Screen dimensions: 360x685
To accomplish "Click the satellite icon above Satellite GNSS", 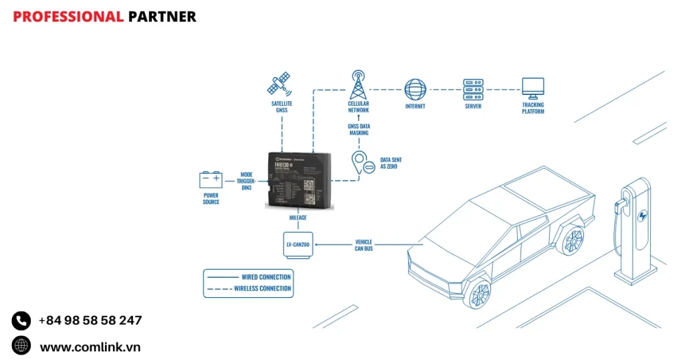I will tap(279, 85).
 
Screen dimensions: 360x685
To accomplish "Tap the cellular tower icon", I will tap(359, 84).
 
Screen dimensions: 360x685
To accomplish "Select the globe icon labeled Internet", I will tap(415, 90).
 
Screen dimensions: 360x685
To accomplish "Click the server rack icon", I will tap(473, 89).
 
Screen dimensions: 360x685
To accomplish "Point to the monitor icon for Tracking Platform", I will tap(533, 88).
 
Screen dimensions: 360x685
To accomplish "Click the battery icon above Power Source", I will tap(211, 180).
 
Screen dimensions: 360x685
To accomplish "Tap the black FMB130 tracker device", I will tap(299, 179).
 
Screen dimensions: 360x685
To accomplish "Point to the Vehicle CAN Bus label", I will tap(364, 245).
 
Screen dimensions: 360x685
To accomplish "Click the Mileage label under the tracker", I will tap(298, 217).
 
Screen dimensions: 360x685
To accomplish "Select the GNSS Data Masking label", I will tap(359, 130).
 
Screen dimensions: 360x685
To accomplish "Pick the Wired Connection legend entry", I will tap(266, 277).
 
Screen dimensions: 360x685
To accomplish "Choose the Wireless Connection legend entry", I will tap(262, 289).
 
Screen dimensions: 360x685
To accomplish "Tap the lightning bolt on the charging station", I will tap(643, 216).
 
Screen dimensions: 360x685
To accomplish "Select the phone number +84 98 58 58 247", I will tap(90, 321).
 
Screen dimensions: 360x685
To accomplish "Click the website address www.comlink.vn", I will tap(90, 347).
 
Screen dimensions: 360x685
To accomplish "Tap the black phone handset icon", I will tap(21, 321).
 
